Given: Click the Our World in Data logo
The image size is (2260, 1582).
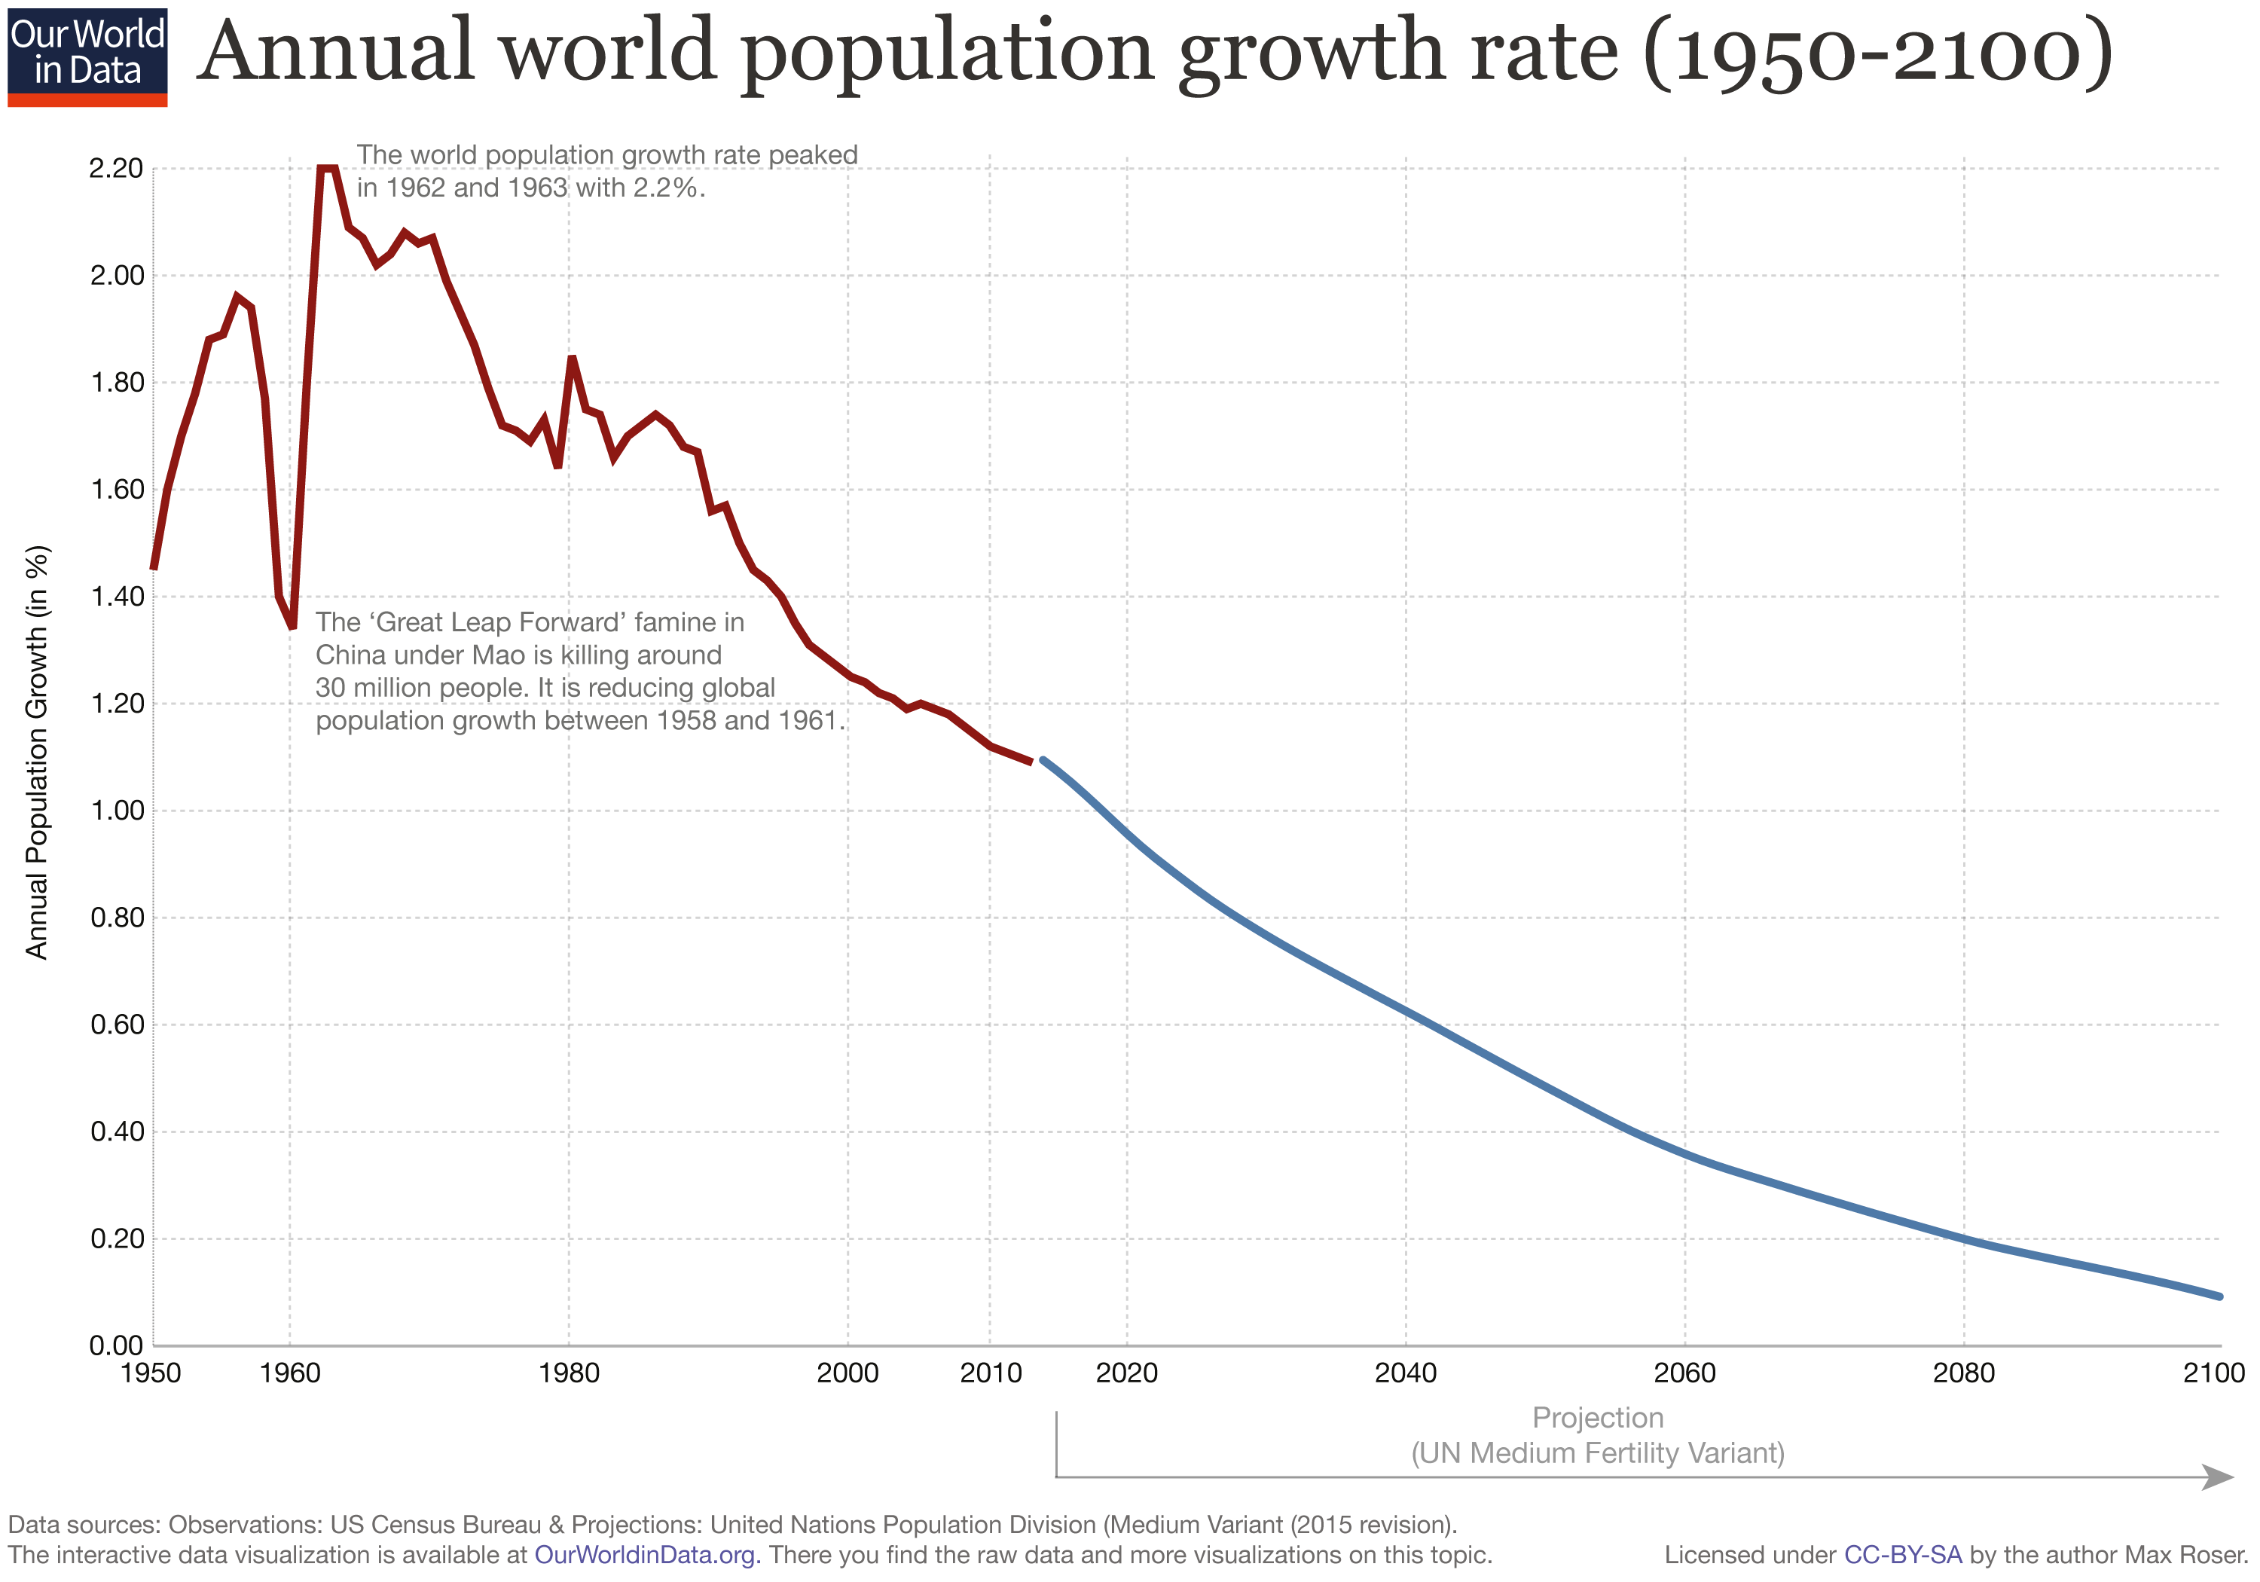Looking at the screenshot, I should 87,56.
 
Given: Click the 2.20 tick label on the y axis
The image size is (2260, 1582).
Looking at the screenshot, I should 115,168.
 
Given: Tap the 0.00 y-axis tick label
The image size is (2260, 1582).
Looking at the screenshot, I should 115,1345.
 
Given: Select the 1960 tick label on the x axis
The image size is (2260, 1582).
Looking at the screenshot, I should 289,1373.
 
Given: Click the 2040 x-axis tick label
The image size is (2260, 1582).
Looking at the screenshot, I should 1405,1373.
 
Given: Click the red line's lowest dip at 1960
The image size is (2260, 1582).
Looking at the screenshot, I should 292,626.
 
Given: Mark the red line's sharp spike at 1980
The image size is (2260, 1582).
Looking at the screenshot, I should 572,357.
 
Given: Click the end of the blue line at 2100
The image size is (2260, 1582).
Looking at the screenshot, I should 2219,1296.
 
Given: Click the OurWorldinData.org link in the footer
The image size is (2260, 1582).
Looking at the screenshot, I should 646,1556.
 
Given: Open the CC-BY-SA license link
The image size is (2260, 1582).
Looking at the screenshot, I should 1901,1556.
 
